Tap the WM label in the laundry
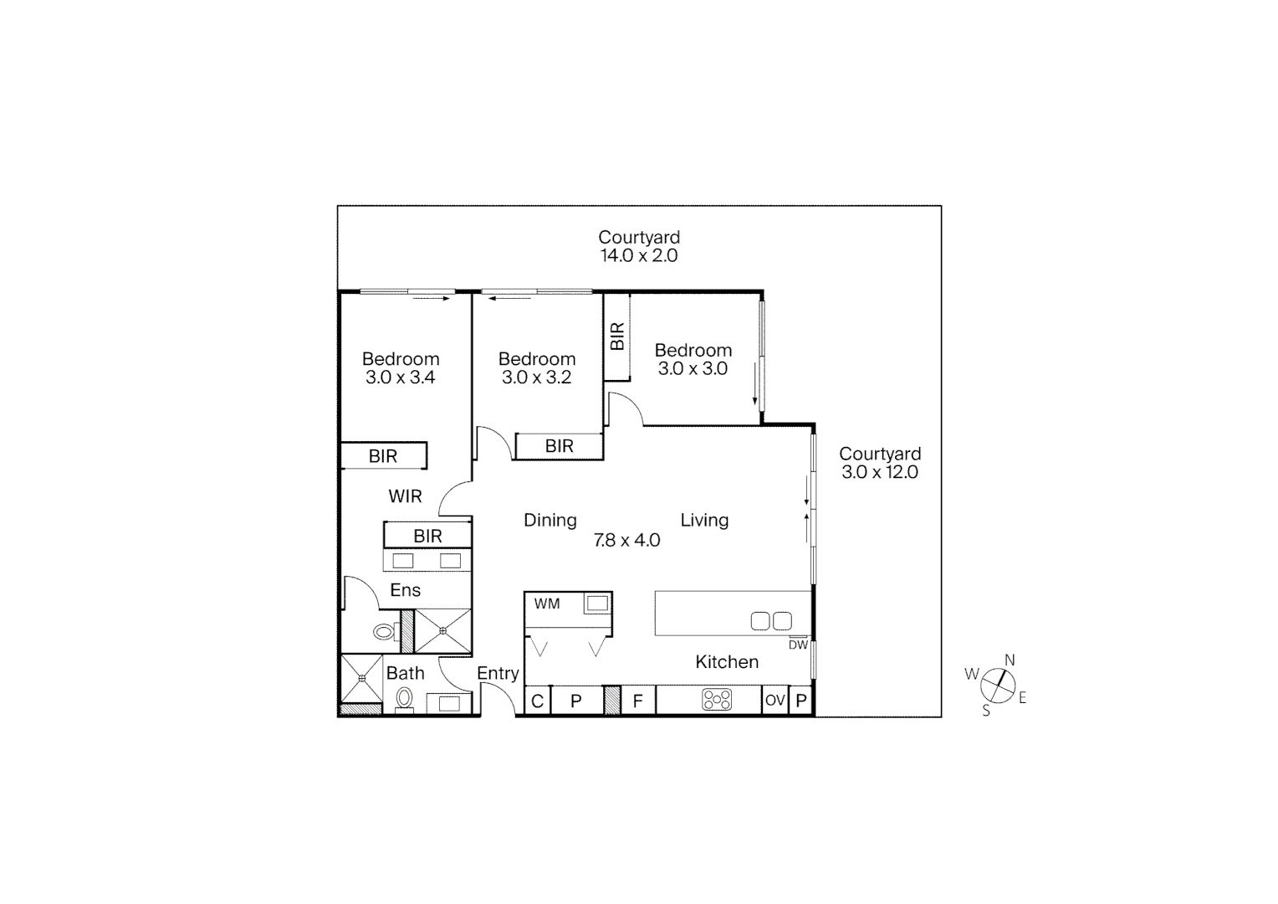point(547,604)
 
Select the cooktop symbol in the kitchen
point(717,700)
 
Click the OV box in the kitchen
point(775,700)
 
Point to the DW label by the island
point(798,645)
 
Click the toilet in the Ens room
point(386,632)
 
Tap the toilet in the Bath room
point(405,698)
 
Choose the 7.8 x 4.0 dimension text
point(626,541)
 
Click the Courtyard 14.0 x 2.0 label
point(639,247)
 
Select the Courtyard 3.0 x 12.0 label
point(880,463)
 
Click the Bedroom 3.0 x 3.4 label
point(401,368)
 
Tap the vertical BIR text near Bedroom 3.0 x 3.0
point(617,336)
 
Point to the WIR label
point(405,496)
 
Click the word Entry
point(498,673)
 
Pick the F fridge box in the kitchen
point(638,701)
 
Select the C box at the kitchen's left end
point(537,701)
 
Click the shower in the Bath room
point(361,678)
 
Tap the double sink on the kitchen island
point(771,621)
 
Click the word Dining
point(550,521)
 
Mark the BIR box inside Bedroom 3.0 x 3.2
point(560,446)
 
